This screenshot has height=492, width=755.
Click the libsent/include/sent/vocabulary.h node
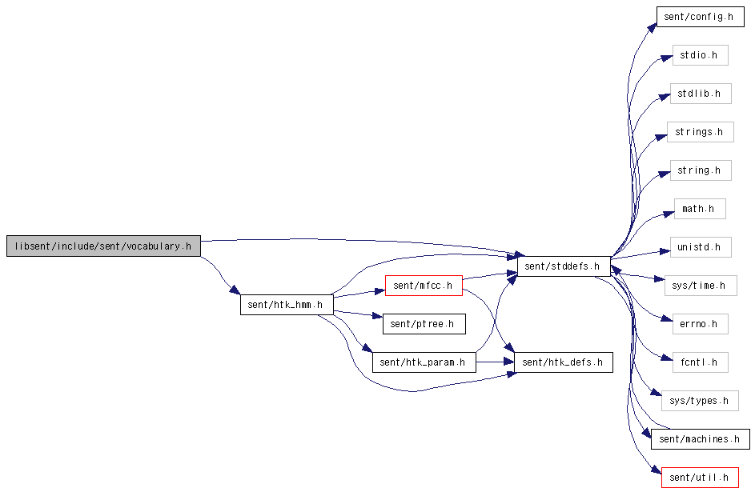pyautogui.click(x=103, y=246)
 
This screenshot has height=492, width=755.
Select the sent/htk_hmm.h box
pyautogui.click(x=287, y=305)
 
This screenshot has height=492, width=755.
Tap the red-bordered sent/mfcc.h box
pyautogui.click(x=424, y=286)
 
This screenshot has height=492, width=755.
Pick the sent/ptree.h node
pyautogui.click(x=424, y=324)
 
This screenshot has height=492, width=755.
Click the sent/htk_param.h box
pyautogui.click(x=424, y=362)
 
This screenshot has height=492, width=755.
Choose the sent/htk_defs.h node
pyautogui.click(x=564, y=362)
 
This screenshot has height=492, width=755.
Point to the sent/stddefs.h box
pyautogui.click(x=564, y=266)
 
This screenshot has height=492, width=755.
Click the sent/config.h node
pyautogui.click(x=700, y=17)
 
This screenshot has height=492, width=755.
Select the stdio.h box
pyautogui.click(x=700, y=55)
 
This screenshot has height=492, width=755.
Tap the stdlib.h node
pyautogui.click(x=701, y=94)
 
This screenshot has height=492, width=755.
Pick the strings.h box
pyautogui.click(x=700, y=132)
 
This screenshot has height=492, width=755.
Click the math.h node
pyautogui.click(x=700, y=209)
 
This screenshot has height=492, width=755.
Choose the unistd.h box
pyautogui.click(x=701, y=247)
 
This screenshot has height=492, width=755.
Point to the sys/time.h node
pyautogui.click(x=700, y=286)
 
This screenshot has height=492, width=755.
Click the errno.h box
pyautogui.click(x=700, y=324)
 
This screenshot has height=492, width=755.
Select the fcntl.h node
pyautogui.click(x=700, y=362)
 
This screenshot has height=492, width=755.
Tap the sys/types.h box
pyautogui.click(x=700, y=401)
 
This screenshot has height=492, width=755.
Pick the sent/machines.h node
pyautogui.click(x=700, y=439)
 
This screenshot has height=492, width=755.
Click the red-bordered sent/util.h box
pyautogui.click(x=700, y=478)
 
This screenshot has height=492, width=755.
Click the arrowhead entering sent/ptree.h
pyautogui.click(x=378, y=316)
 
